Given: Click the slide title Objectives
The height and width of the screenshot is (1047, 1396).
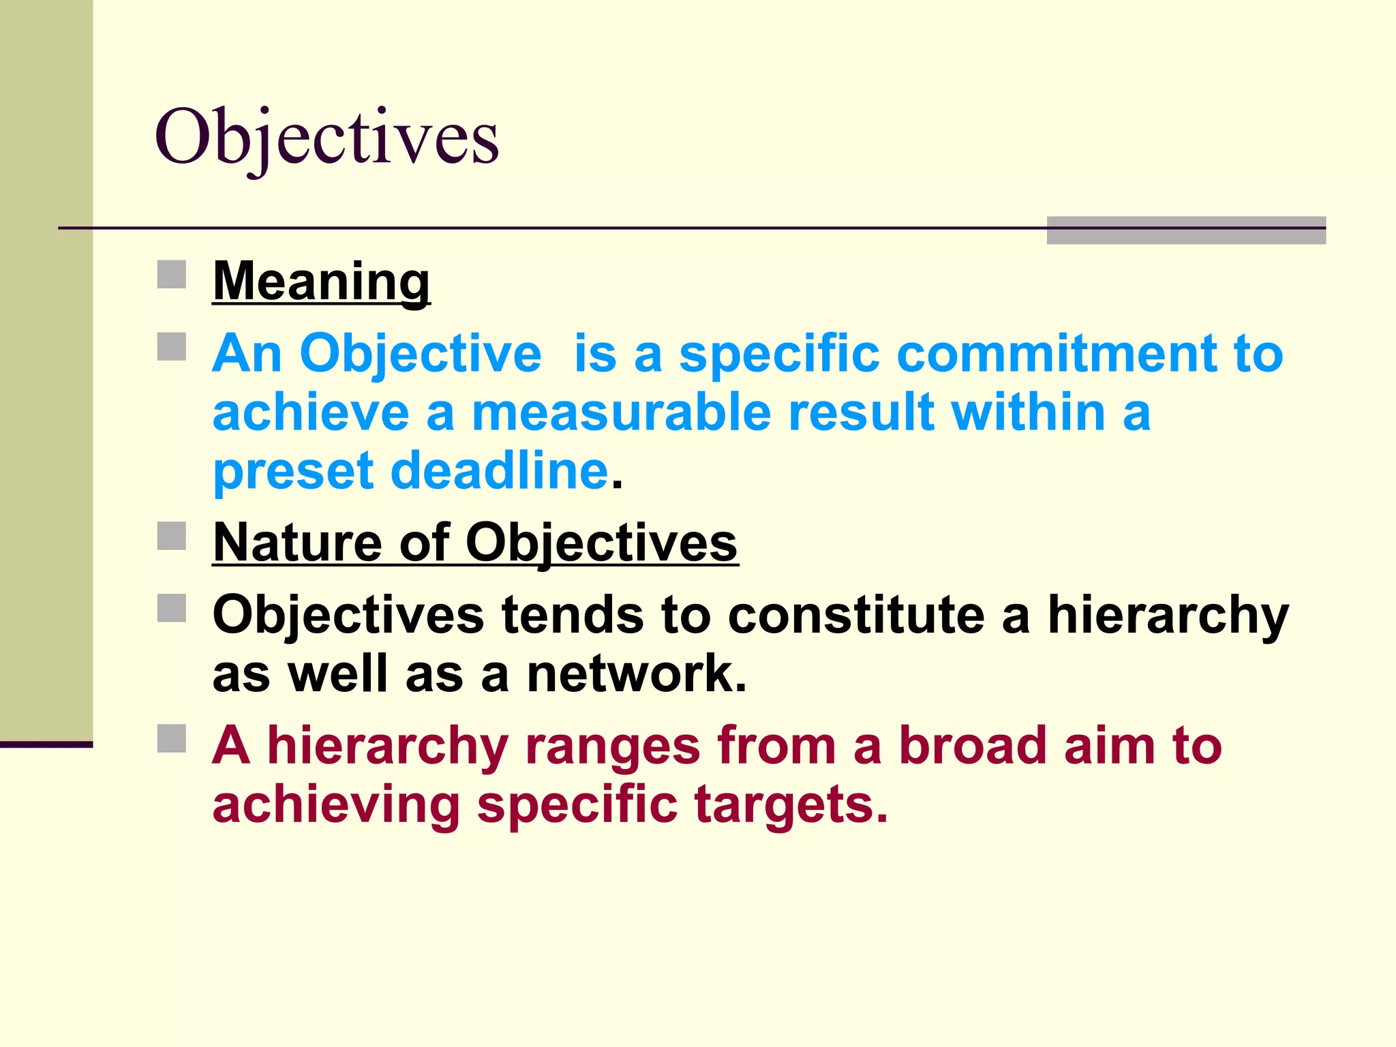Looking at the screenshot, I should [327, 138].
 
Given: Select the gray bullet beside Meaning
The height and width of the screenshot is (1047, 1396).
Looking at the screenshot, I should [172, 275].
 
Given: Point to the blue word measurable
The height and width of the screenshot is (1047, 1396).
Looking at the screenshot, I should [621, 412].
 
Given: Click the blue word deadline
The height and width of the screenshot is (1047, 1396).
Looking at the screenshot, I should [500, 470].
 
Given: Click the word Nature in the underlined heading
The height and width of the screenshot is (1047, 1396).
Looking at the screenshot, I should [297, 543].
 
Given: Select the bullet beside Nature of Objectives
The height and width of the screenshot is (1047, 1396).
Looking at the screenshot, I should [172, 536].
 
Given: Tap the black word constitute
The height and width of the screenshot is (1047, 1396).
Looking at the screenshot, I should [856, 615].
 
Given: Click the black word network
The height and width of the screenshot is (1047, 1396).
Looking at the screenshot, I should [636, 673].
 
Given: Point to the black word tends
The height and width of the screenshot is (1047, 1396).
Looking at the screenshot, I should [572, 615].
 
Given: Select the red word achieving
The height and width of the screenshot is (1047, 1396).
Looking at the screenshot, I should [336, 806].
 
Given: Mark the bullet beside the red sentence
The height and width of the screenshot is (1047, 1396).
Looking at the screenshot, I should [172, 738].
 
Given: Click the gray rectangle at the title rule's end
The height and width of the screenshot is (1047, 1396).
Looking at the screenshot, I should [1186, 230].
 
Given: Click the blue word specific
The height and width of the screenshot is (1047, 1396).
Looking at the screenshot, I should [779, 354].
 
